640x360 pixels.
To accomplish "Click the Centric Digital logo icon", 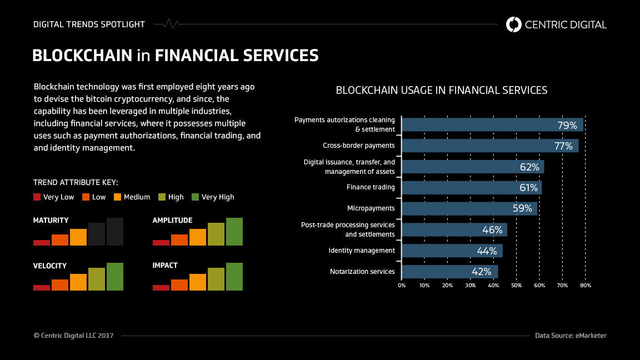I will tap(514, 24).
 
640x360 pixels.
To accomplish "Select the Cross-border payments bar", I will tap(490, 146).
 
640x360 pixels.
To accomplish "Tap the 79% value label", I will tap(567, 125).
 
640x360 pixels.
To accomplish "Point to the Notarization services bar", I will tap(449, 272).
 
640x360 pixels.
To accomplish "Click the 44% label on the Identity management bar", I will tap(487, 251).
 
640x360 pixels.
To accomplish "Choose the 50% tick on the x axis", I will tap(516, 285).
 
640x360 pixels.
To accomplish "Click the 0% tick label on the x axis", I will tap(402, 285).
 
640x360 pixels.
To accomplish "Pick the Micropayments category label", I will tap(371, 208).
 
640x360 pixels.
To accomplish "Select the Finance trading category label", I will tap(371, 187).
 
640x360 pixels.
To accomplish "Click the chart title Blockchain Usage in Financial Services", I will tap(442, 90).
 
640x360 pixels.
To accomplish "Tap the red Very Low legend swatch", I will tap(37, 197).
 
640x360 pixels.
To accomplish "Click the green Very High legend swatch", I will tap(195, 197).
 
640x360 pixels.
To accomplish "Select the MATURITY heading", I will tap(51, 221).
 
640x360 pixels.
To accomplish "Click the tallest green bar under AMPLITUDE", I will tap(234, 232).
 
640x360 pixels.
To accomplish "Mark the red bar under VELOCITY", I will tap(42, 287).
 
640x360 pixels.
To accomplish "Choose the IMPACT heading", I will tap(165, 266).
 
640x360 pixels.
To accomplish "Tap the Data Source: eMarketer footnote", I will tap(571, 336).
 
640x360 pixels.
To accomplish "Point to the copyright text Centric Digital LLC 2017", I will tap(73, 336).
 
